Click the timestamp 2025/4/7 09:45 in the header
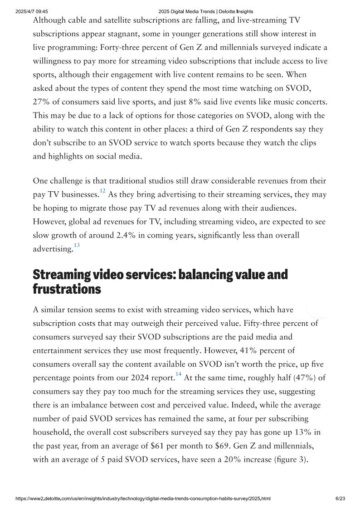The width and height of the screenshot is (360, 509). click(31, 11)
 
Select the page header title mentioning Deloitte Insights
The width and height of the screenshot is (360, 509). click(206, 11)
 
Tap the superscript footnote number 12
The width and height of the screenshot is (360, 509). click(102, 191)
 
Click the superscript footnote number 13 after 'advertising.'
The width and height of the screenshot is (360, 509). click(77, 245)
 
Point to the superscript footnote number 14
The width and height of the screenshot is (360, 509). click(178, 374)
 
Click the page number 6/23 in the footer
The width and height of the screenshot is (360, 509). click(340, 499)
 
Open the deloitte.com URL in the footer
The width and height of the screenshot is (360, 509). click(143, 499)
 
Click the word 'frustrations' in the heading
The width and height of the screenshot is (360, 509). click(67, 289)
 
